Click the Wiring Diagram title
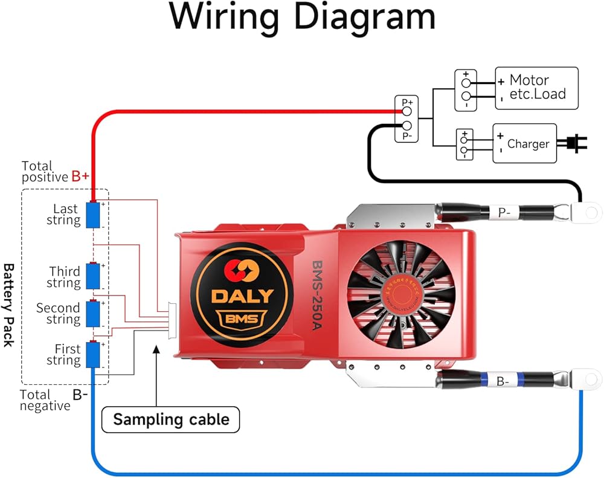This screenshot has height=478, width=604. pos(302,18)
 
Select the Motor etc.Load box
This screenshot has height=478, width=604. pos(536,88)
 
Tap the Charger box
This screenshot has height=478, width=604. pos(524,144)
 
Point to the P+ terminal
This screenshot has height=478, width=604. pos(407,103)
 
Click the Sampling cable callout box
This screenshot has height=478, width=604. pos(170,419)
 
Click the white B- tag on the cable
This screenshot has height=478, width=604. pos(503,381)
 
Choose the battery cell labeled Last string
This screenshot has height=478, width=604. pos(92,215)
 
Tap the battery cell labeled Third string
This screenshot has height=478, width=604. pos(92,276)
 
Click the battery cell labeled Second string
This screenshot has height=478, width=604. pos(92,313)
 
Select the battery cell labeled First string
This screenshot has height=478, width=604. pos(92,355)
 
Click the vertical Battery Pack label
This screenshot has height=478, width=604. pos(8,305)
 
